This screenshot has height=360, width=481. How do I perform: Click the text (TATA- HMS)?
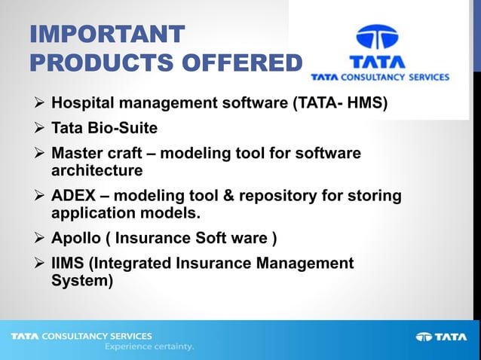pos(340,102)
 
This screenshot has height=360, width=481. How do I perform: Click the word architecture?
pos(97,171)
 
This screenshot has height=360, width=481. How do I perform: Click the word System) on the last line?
pos(81,281)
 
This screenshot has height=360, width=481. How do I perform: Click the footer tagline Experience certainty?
pos(149,347)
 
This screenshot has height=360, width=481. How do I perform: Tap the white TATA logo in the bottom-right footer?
pos(441,337)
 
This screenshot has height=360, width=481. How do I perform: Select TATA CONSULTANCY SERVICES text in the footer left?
pos(81,336)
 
